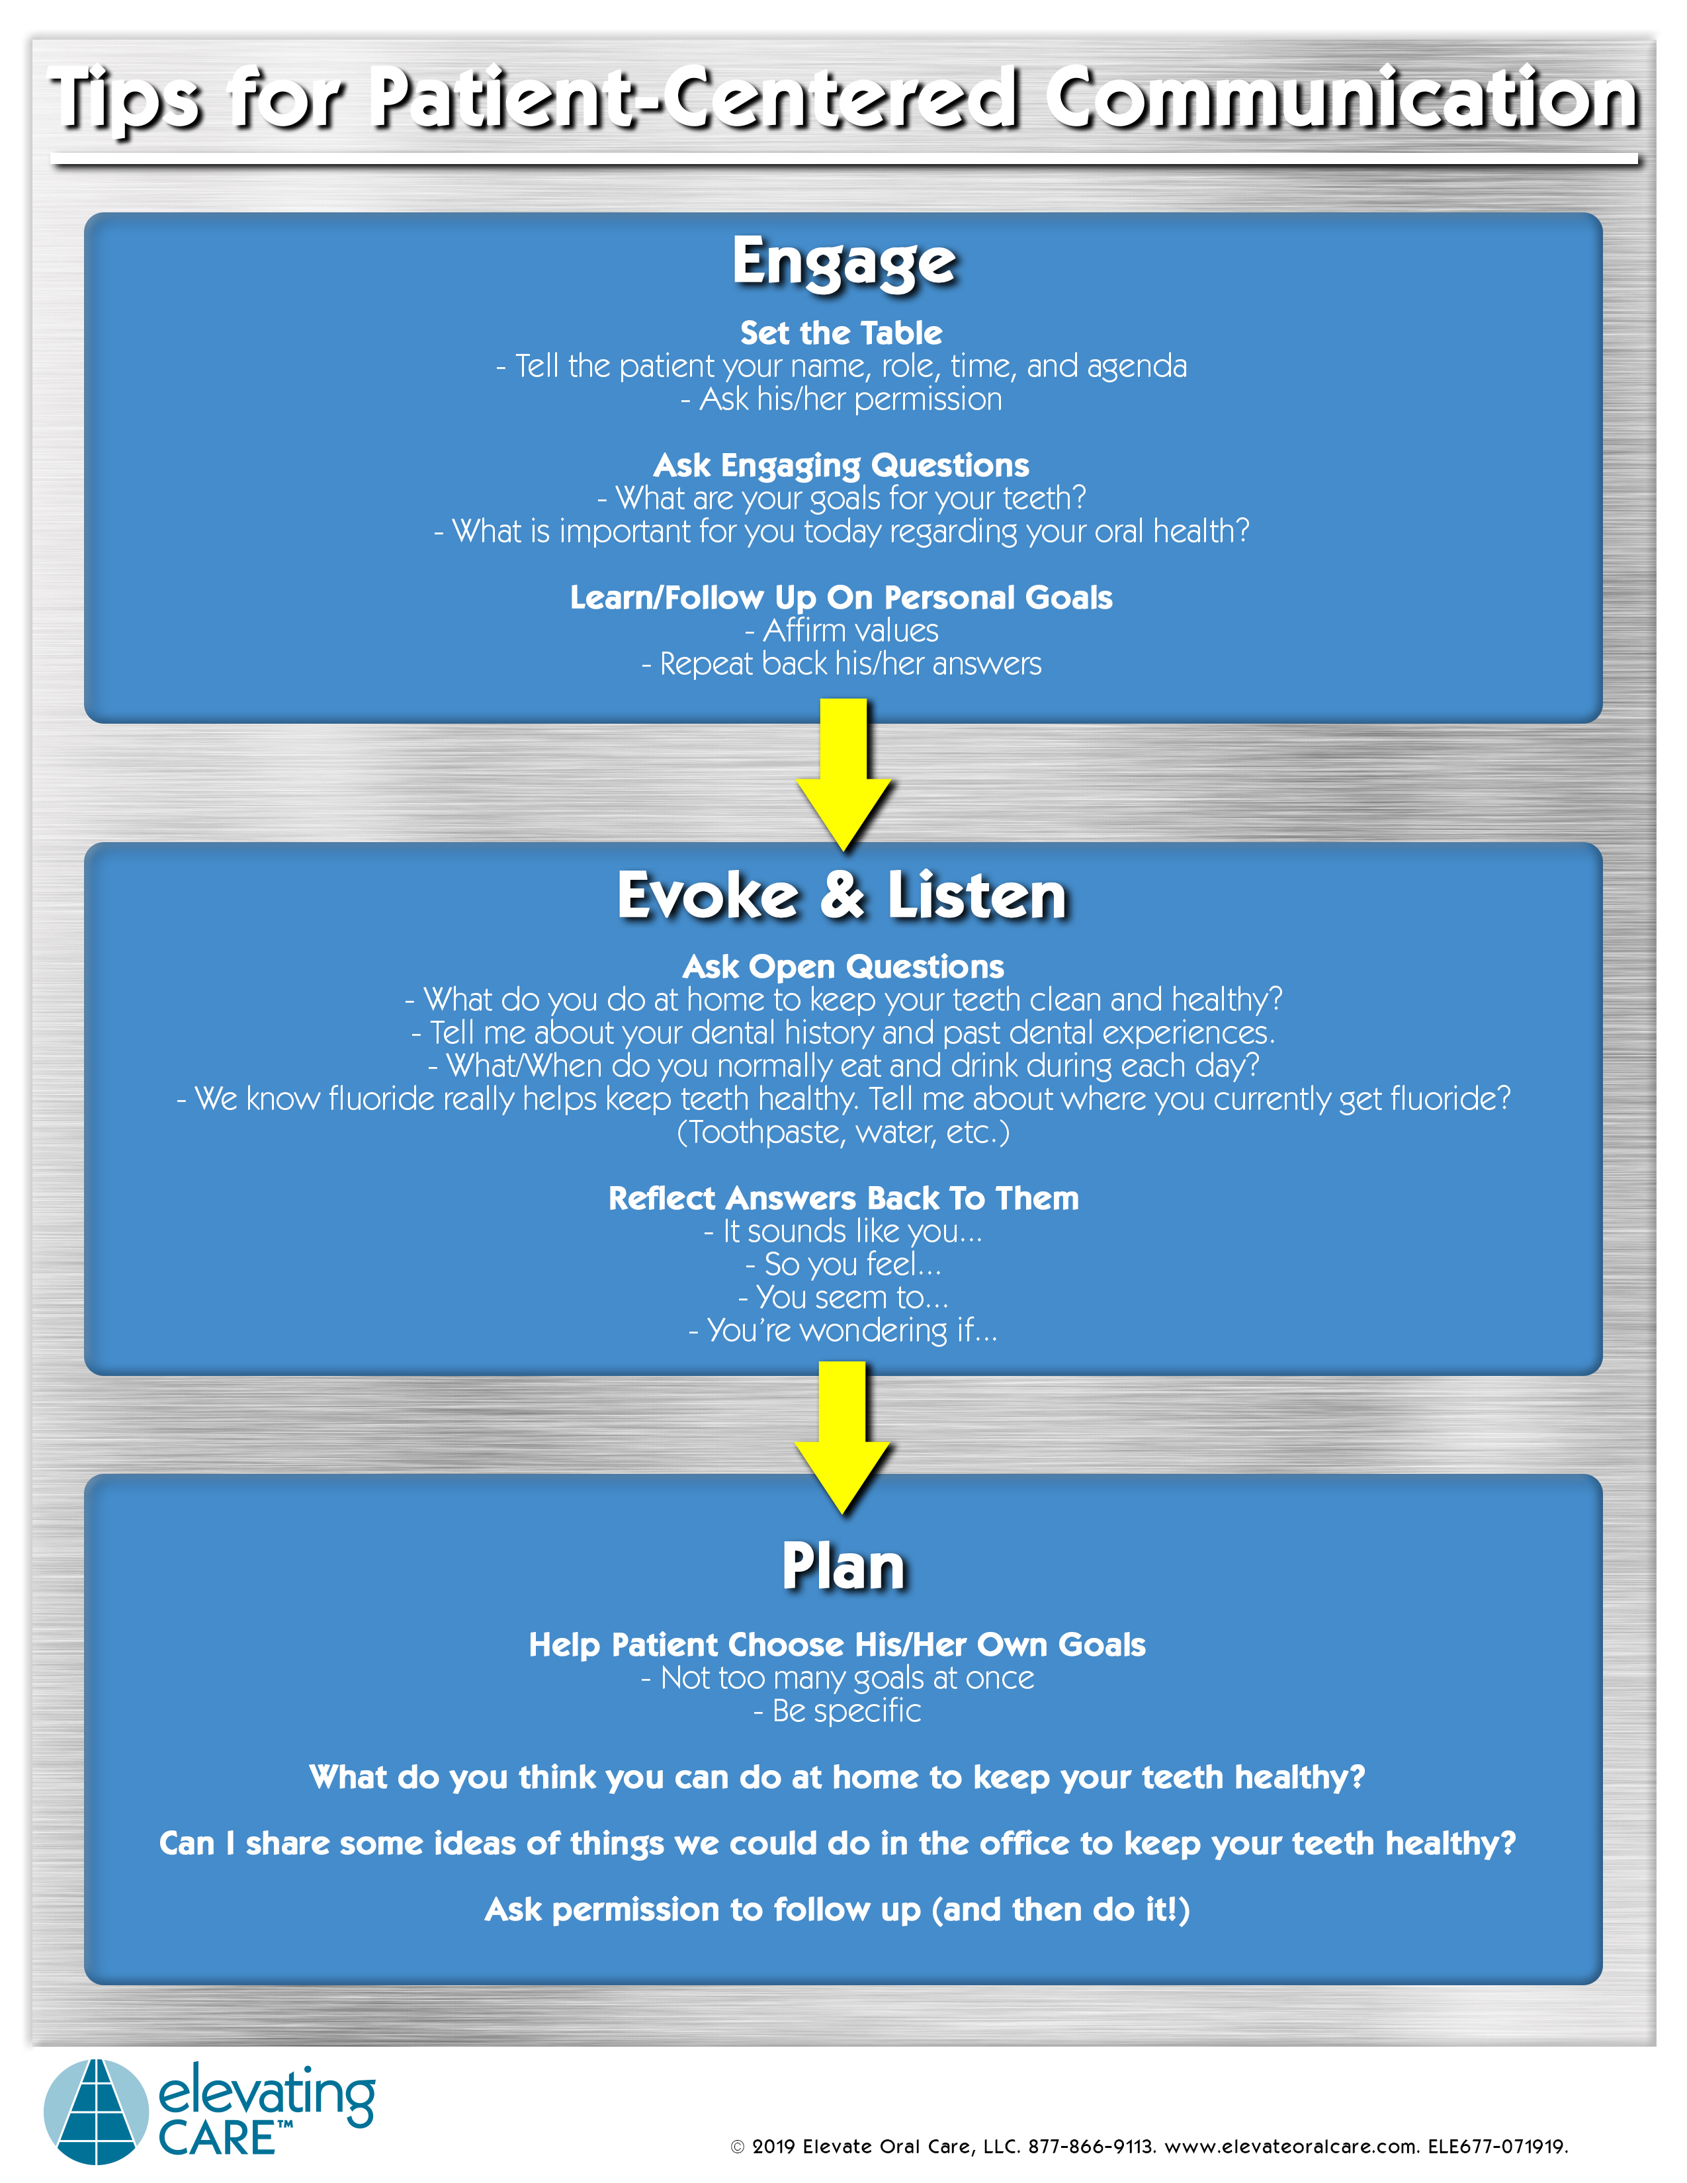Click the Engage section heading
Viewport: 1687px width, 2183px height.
pyautogui.click(x=844, y=262)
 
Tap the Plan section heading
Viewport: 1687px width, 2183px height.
pyautogui.click(x=844, y=1566)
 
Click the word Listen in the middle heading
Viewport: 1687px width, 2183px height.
pyautogui.click(x=976, y=896)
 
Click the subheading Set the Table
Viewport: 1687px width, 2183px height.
pyautogui.click(x=842, y=333)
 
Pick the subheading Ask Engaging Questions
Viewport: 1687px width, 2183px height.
pyautogui.click(x=842, y=465)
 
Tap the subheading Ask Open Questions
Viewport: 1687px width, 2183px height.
pyautogui.click(x=844, y=966)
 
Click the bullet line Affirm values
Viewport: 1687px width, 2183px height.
pyautogui.click(x=842, y=630)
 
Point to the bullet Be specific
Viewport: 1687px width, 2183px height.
pyautogui.click(x=838, y=1711)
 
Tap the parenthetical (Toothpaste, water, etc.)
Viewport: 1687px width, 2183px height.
pyautogui.click(x=844, y=1133)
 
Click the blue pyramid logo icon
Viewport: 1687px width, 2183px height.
pyautogui.click(x=96, y=2111)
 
